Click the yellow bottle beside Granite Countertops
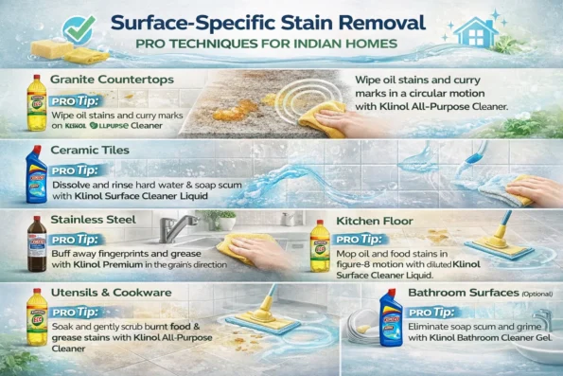[35, 102]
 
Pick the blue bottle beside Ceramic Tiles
[36, 172]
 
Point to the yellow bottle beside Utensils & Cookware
[36, 319]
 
